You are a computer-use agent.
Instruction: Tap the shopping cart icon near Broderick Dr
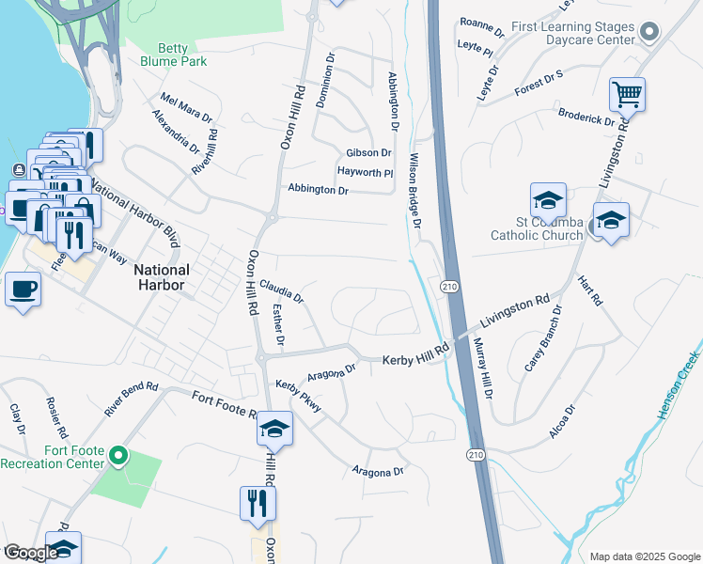(x=627, y=94)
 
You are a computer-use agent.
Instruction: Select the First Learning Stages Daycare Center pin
(x=649, y=35)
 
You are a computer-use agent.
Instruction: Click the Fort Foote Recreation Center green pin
(x=117, y=456)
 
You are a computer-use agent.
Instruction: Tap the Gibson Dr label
(x=368, y=152)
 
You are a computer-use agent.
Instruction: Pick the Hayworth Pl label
(x=365, y=172)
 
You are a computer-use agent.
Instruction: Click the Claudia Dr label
(x=281, y=291)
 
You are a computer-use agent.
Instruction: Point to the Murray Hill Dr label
(x=480, y=367)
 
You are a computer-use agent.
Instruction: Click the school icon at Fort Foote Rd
(x=274, y=430)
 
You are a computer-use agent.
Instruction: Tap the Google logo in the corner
(x=31, y=553)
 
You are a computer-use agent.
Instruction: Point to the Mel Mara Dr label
(x=186, y=106)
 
